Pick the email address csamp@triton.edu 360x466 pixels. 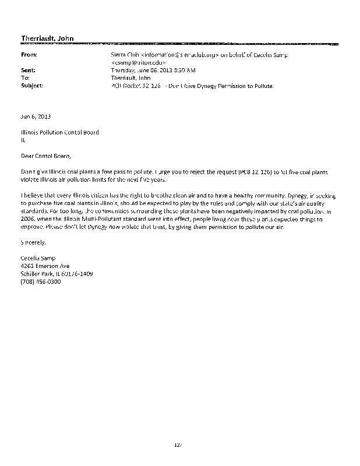[x=139, y=62]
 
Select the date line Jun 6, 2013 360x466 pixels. [x=34, y=116]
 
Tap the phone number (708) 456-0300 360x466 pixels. [x=40, y=281]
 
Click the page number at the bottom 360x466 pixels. [x=178, y=445]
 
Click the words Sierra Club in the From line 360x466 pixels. [x=125, y=55]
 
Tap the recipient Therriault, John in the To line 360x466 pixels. [x=130, y=77]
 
